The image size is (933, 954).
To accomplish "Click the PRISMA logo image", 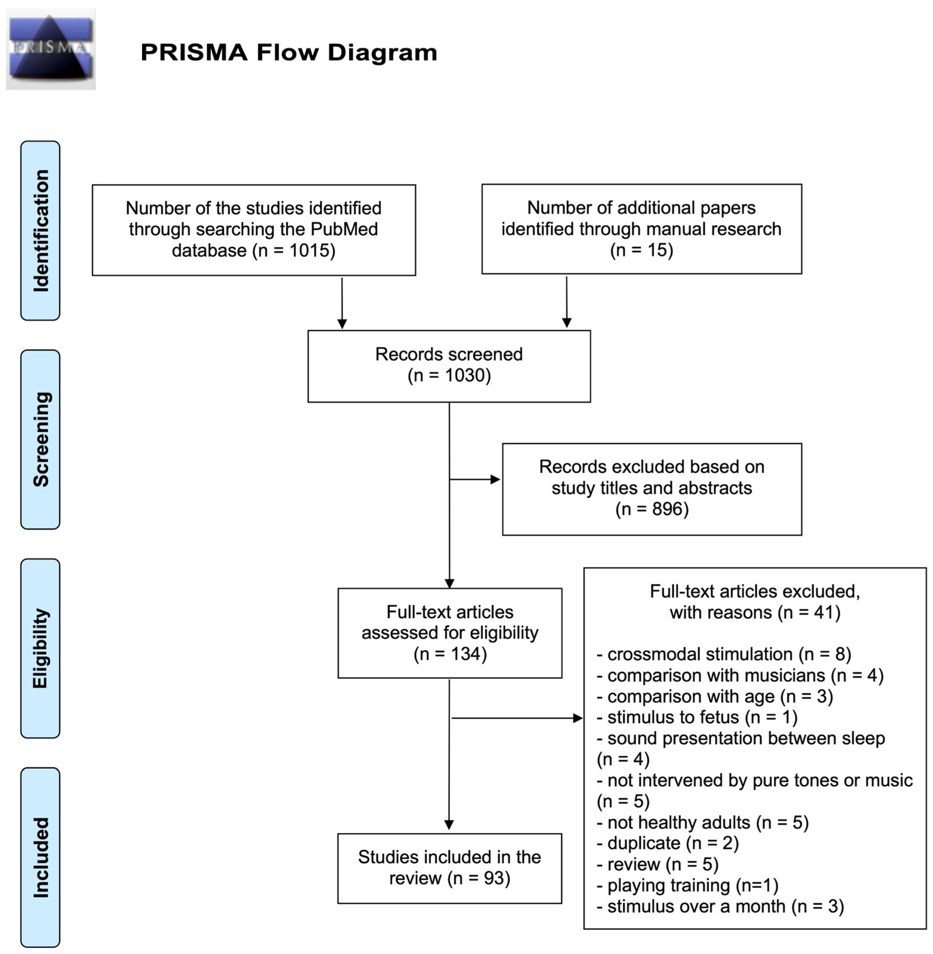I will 51,49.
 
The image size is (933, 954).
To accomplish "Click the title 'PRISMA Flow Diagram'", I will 289,52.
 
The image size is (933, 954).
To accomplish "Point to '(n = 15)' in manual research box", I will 641,250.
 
